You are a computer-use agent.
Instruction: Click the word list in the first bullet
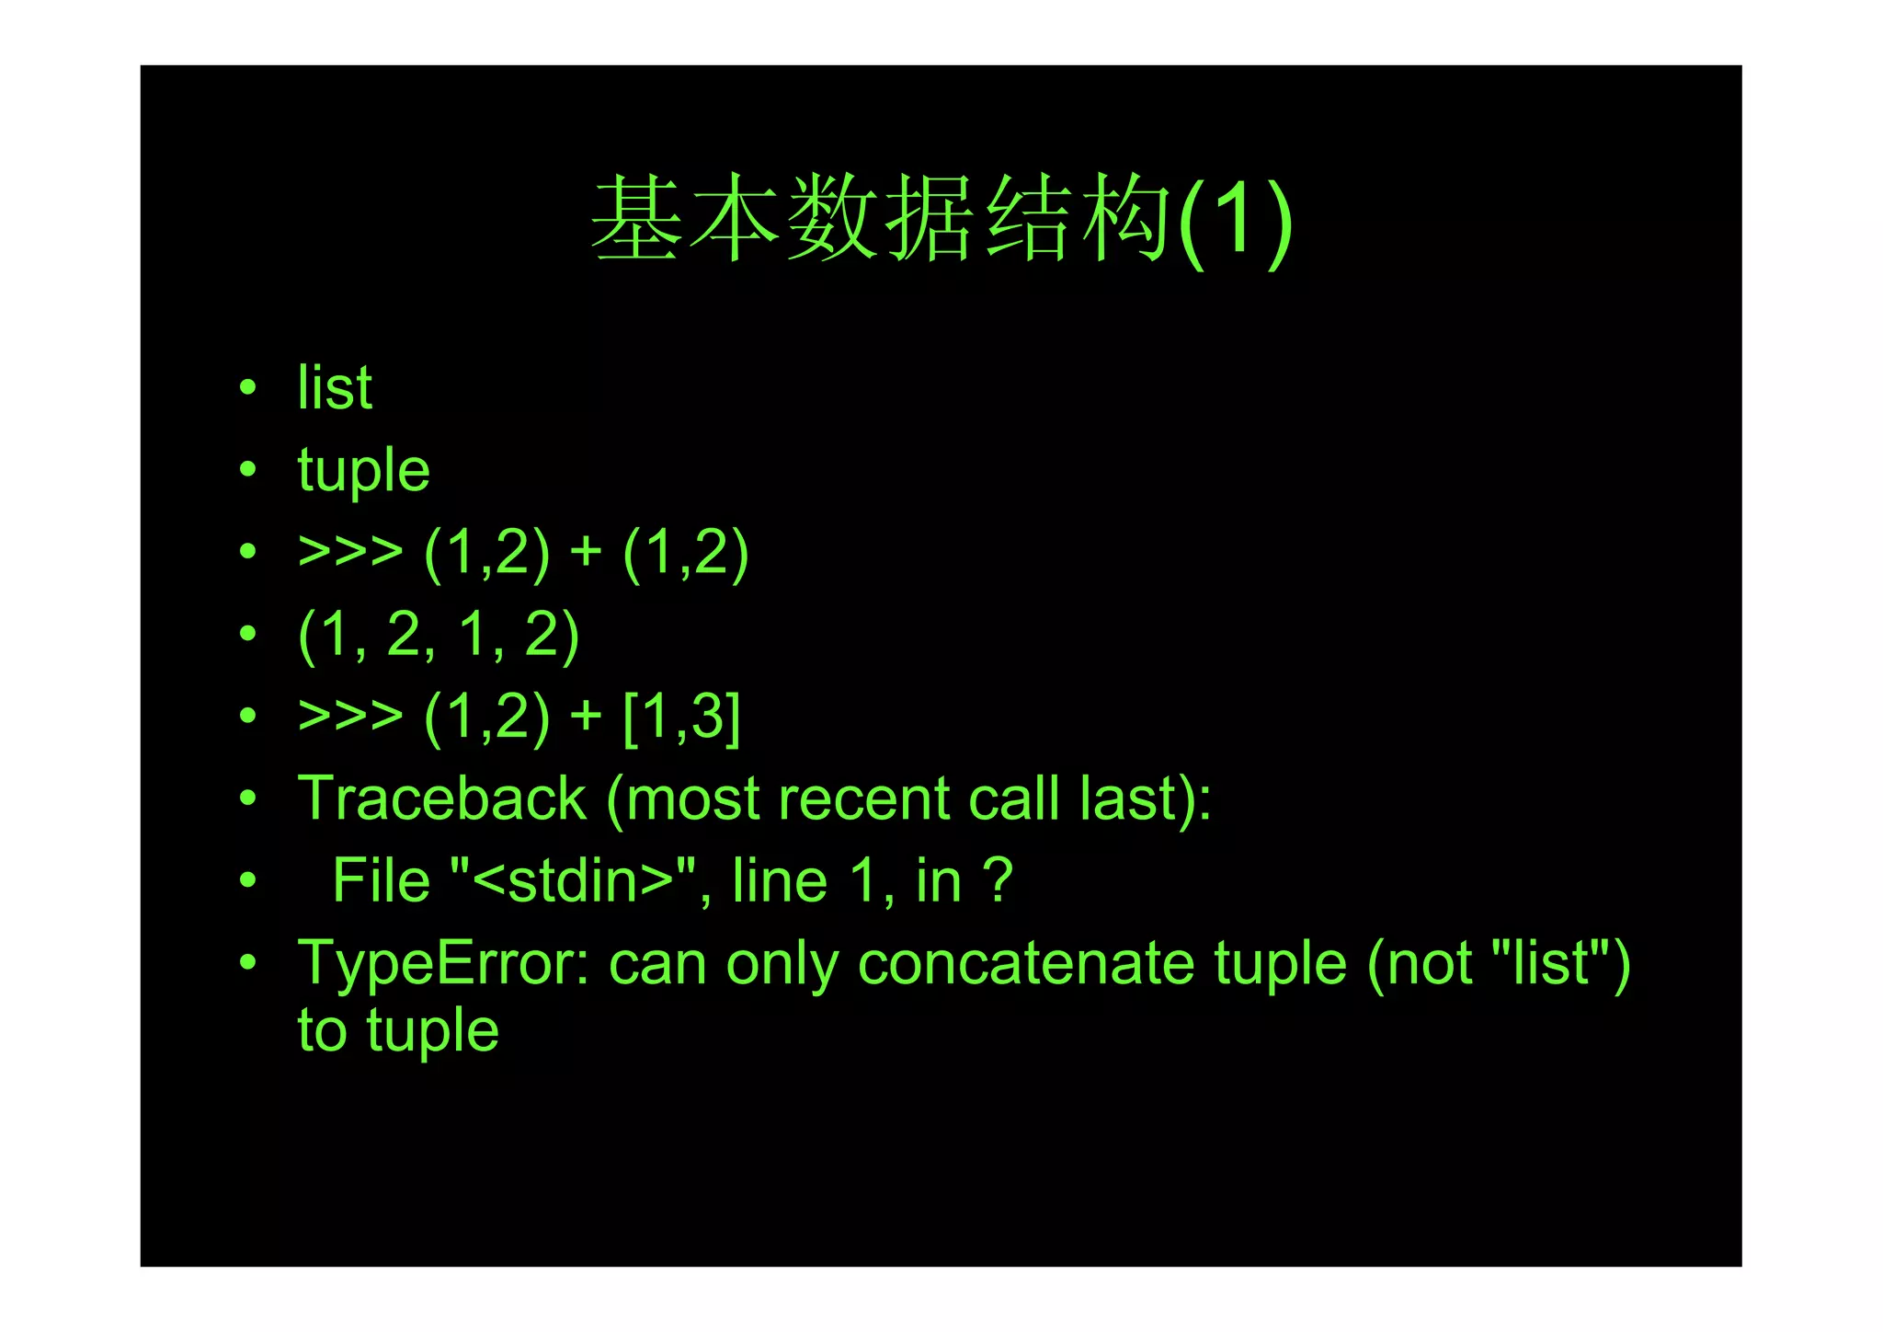tap(335, 387)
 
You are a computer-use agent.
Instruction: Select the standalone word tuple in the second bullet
tap(363, 471)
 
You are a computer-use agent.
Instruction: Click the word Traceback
tap(441, 798)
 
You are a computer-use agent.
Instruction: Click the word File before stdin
tap(381, 880)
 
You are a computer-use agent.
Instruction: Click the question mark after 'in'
tap(998, 880)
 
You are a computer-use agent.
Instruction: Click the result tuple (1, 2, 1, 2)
tap(439, 635)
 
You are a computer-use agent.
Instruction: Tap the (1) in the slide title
tap(1236, 221)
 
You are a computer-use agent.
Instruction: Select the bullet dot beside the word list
tap(247, 387)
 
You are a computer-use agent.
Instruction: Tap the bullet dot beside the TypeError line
tap(247, 962)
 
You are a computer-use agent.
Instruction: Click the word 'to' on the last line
tap(322, 1030)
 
